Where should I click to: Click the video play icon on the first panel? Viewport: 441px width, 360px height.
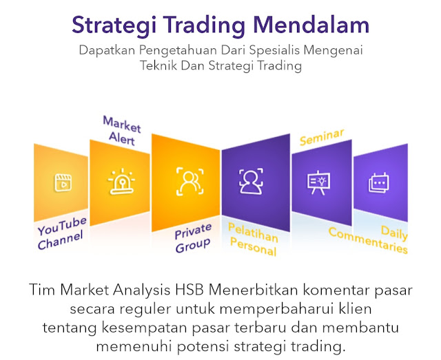pos(63,183)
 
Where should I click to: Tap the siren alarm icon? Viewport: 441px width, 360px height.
pos(121,181)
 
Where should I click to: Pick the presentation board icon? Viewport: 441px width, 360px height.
pos(318,182)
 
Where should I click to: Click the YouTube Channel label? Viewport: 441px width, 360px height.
pos(62,233)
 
